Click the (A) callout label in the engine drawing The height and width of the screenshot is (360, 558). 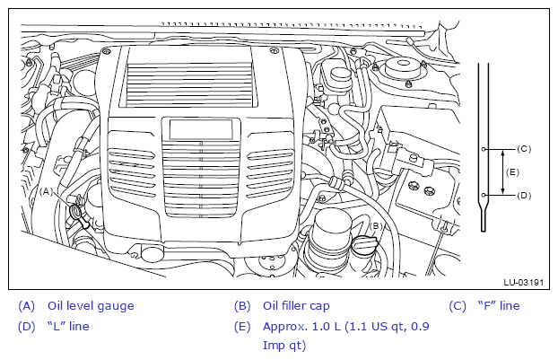click(x=46, y=191)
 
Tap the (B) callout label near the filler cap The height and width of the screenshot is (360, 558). click(x=376, y=225)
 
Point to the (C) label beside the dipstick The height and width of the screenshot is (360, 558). click(x=524, y=149)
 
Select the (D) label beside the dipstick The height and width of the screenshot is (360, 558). click(x=524, y=196)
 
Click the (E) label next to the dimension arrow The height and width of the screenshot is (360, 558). click(x=512, y=172)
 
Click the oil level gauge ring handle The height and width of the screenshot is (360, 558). click(x=75, y=211)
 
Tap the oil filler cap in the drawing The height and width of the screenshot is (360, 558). click(x=363, y=245)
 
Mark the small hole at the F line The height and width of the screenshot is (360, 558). click(x=484, y=149)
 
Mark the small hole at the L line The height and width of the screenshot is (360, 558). click(x=484, y=195)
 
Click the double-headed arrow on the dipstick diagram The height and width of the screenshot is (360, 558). click(x=502, y=172)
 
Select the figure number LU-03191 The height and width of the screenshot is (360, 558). click(x=524, y=283)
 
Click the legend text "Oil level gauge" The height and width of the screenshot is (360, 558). click(x=91, y=306)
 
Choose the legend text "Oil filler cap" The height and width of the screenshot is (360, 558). click(x=296, y=306)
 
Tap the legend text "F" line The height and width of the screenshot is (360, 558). click(x=499, y=305)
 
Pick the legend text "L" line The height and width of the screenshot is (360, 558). click(x=68, y=326)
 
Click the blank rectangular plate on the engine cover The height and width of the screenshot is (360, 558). click(x=201, y=129)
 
